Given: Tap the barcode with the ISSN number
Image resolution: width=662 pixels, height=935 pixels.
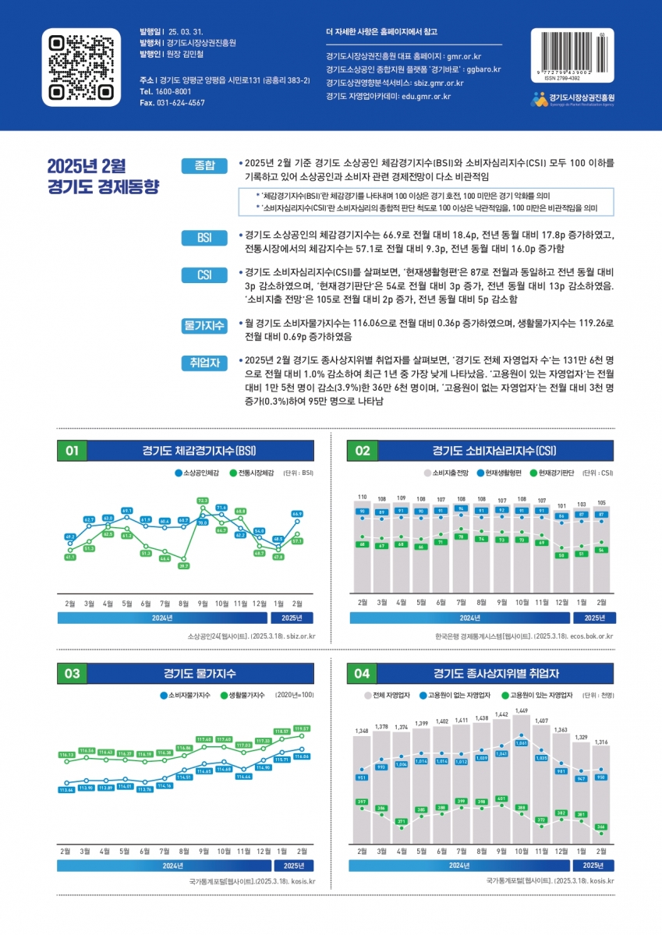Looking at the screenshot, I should tap(572, 53).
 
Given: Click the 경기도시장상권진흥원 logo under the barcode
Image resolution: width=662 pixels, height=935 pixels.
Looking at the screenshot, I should tap(572, 99).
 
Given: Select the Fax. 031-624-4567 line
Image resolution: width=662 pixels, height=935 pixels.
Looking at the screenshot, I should tap(172, 103).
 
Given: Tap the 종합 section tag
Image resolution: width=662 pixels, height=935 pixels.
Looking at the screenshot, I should tap(204, 165).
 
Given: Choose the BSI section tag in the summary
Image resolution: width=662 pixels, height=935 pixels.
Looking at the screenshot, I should tap(204, 237).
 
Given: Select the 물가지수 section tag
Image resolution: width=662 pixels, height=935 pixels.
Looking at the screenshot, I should tap(204, 326).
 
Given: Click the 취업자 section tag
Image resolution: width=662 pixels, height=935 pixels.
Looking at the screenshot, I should tap(204, 363).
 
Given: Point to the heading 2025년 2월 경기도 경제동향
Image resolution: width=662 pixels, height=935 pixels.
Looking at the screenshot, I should tap(103, 176).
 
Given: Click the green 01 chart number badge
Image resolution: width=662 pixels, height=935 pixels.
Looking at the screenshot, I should tap(73, 451).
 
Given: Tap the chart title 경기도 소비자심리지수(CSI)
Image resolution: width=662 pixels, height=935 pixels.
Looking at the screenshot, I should tap(494, 451).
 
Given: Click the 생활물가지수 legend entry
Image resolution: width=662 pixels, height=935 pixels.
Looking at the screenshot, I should tap(242, 694).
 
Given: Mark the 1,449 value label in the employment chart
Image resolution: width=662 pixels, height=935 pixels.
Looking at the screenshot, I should tap(521, 710).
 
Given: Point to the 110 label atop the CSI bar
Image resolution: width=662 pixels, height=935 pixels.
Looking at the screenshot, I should tap(362, 497).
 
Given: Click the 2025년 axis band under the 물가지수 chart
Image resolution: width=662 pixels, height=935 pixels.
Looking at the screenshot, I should tap(294, 866).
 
